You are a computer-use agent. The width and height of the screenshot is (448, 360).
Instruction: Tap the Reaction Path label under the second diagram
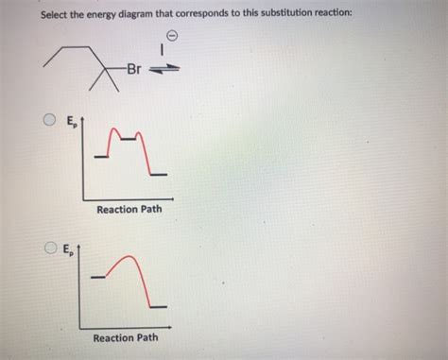pos(126,337)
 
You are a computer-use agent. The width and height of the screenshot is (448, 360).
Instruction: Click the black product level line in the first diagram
pos(161,176)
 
